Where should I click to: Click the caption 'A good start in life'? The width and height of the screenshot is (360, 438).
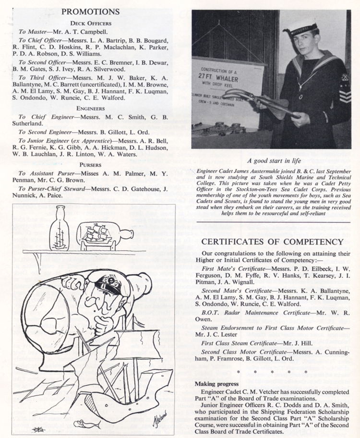click(272, 161)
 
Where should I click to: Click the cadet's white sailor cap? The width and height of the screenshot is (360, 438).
click(300, 26)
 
